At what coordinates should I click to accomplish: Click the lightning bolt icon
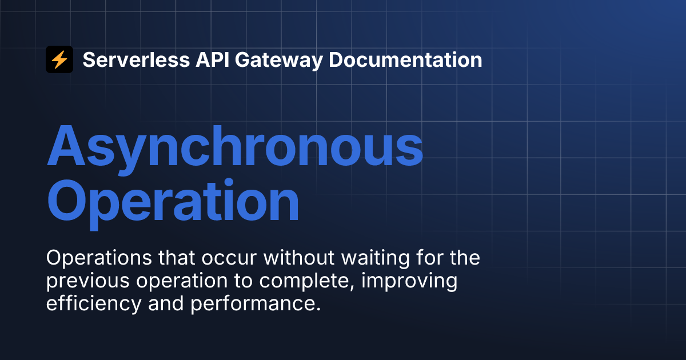(x=59, y=59)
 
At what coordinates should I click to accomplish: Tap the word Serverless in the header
(x=136, y=59)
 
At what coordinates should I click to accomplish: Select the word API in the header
(x=212, y=59)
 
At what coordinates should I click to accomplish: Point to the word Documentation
(x=405, y=59)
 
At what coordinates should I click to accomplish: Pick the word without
(x=299, y=258)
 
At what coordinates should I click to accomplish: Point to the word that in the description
(x=177, y=258)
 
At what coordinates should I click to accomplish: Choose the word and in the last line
(x=166, y=303)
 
